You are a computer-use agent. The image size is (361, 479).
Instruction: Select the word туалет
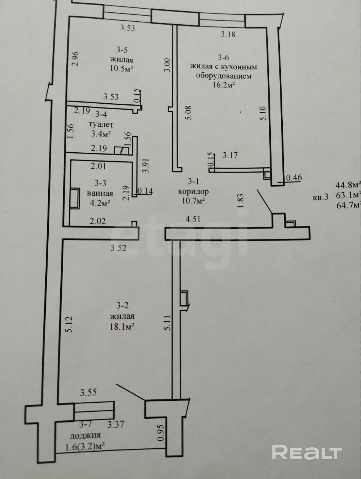(x=100, y=125)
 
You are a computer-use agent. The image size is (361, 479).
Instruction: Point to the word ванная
(x=100, y=193)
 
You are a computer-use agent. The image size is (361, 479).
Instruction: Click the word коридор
(x=193, y=191)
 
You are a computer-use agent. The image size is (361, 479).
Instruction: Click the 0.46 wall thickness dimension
(x=294, y=178)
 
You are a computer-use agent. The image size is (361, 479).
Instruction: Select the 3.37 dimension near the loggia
(x=115, y=425)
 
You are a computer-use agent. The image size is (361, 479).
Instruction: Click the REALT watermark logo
(x=307, y=452)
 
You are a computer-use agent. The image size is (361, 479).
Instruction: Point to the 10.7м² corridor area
(x=193, y=201)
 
